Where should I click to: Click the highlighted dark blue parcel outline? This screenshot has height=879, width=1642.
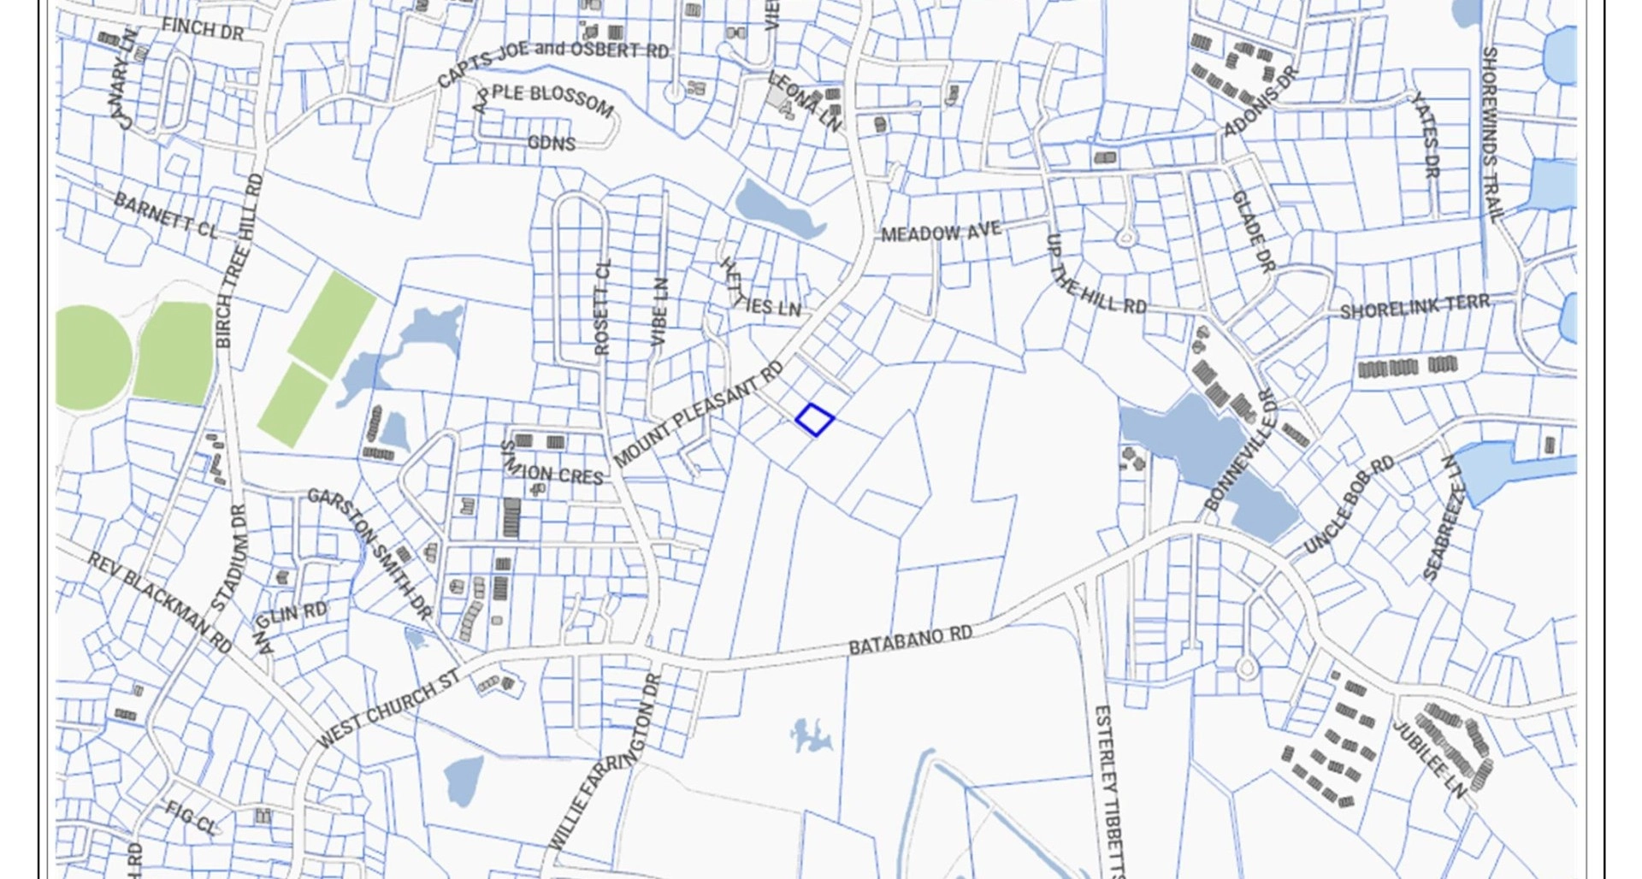point(814,420)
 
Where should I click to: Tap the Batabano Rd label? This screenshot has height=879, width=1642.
point(910,640)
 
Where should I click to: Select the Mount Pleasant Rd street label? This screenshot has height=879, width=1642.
point(698,416)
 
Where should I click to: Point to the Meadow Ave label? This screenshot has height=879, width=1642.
point(940,231)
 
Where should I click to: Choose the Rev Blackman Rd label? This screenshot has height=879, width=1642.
point(159,602)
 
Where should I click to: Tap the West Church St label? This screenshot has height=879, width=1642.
point(389,709)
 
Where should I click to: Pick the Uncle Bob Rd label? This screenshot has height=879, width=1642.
point(1349,504)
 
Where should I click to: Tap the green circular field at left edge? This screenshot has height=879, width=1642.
point(92,357)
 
